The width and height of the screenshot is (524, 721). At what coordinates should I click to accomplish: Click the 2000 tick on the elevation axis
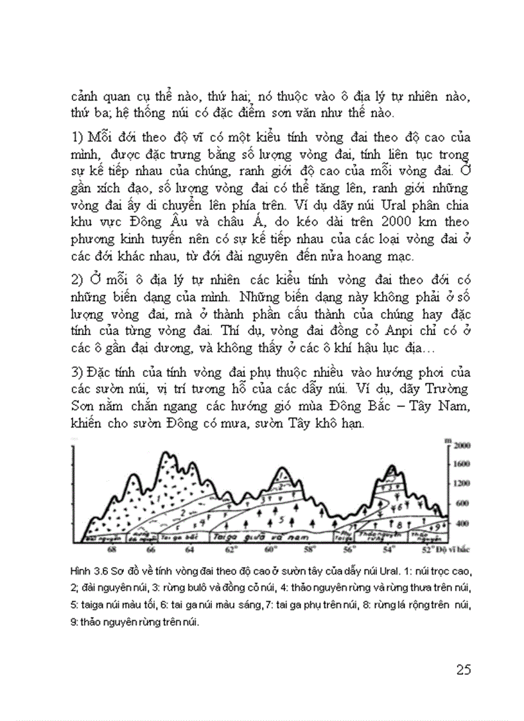[463, 444]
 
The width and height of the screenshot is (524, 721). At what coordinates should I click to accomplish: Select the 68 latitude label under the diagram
[113, 550]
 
